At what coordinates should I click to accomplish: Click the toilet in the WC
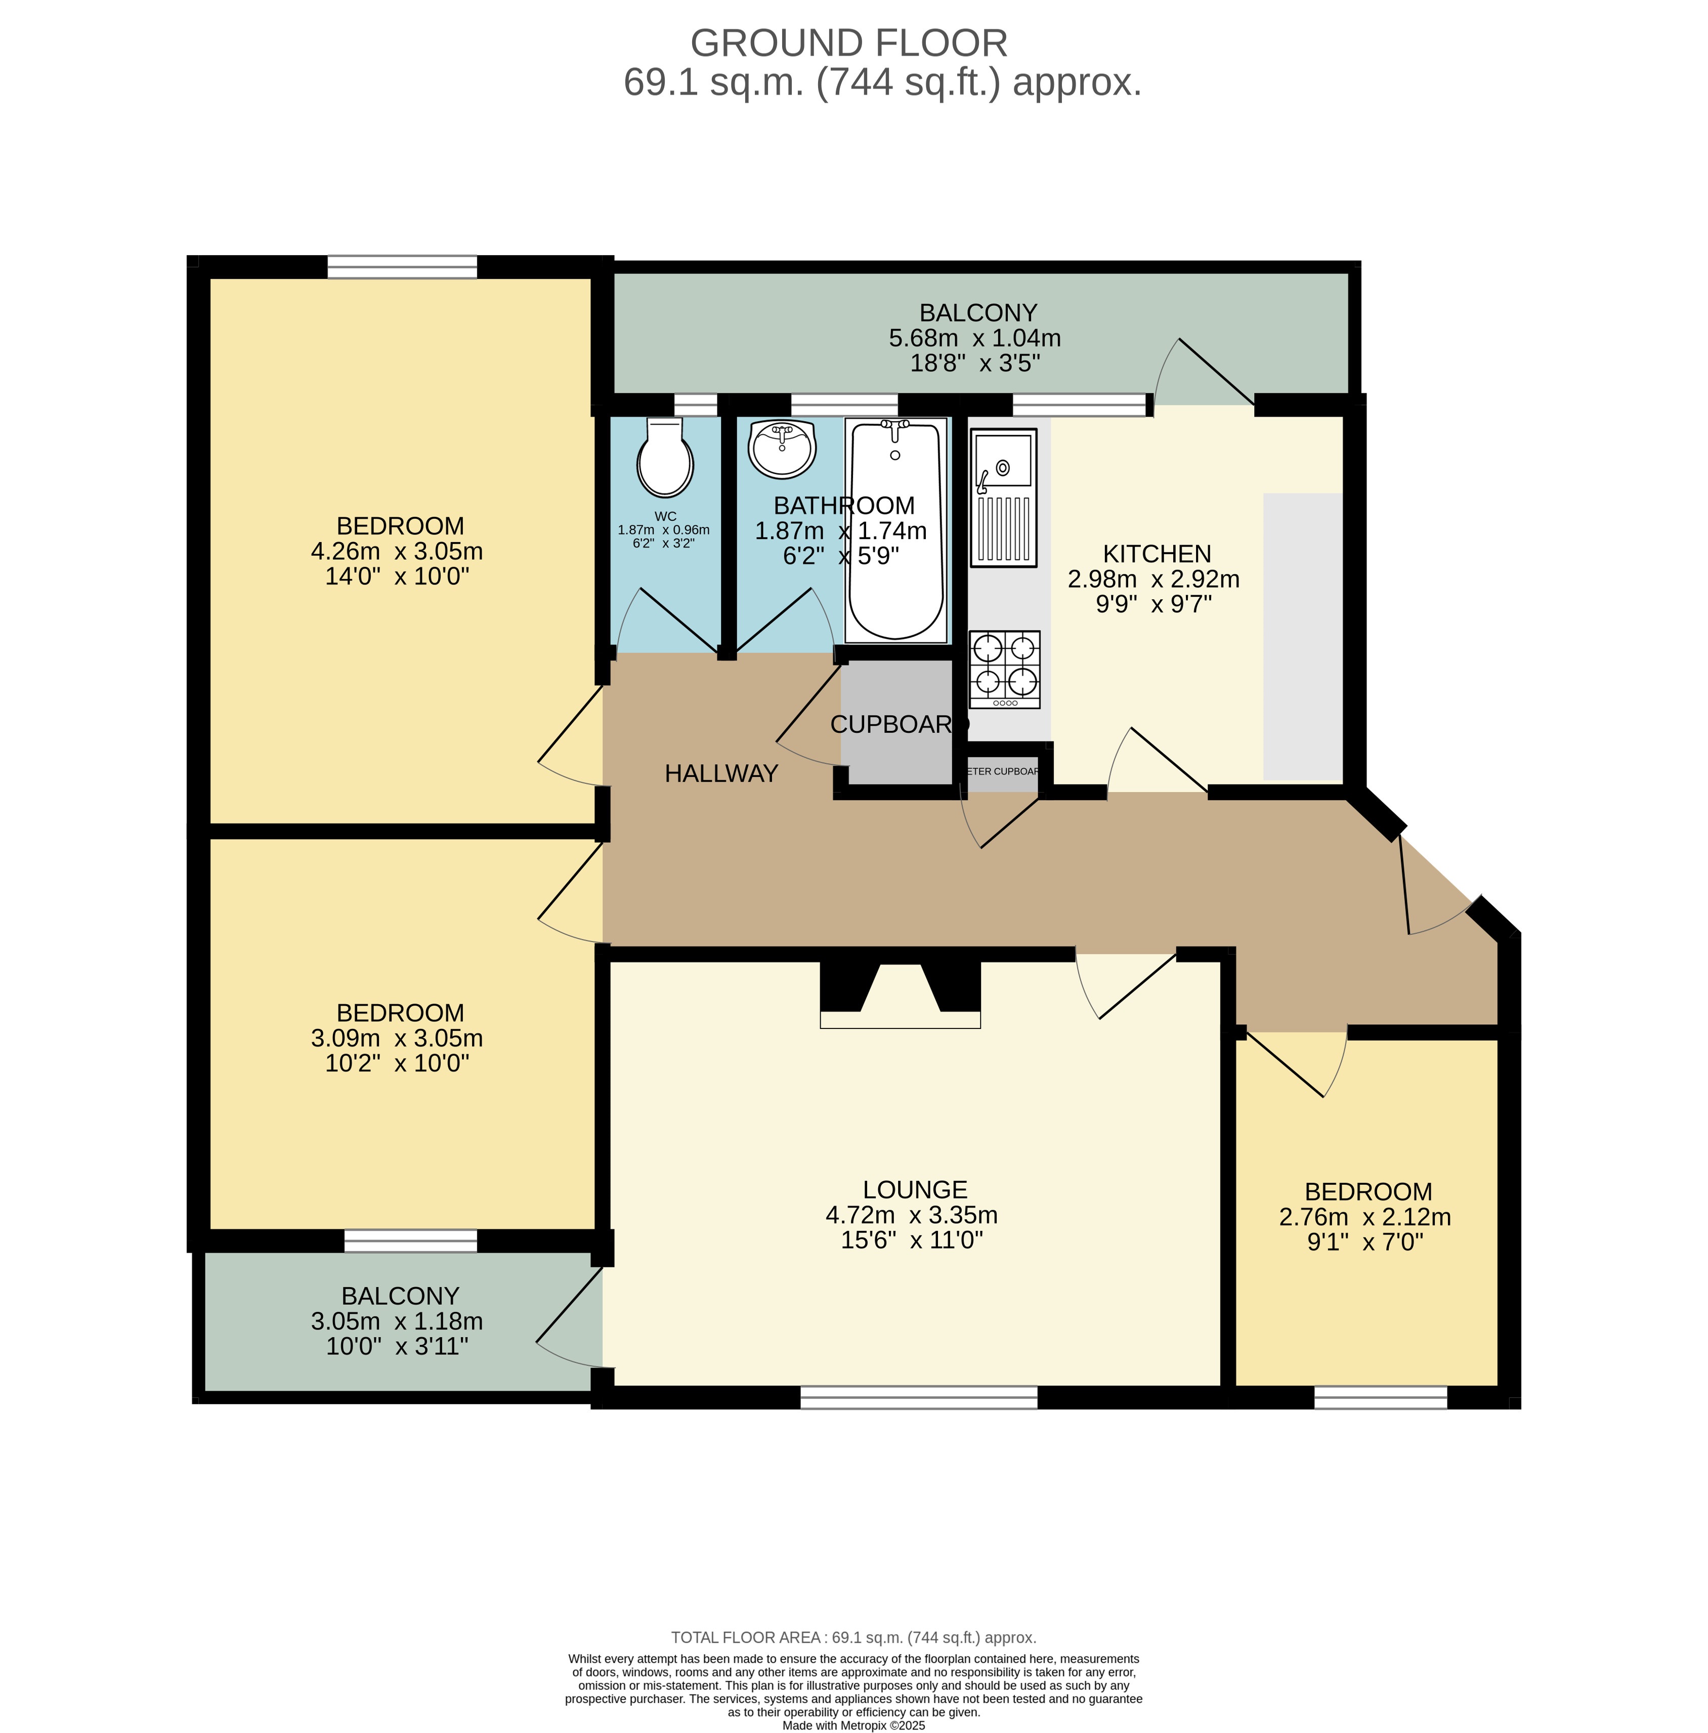click(664, 459)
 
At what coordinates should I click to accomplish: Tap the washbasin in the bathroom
click(781, 450)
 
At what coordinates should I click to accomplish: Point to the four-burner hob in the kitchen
click(1004, 668)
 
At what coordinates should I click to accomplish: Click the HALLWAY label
click(721, 773)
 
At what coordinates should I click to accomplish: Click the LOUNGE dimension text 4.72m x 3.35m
click(911, 1215)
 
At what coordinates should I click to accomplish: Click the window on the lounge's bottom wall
click(918, 1396)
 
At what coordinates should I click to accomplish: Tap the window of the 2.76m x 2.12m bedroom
click(1380, 1396)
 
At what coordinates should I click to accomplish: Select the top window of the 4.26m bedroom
click(402, 266)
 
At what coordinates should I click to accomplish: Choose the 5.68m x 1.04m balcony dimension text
click(974, 338)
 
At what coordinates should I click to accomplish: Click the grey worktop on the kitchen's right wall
click(1302, 636)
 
